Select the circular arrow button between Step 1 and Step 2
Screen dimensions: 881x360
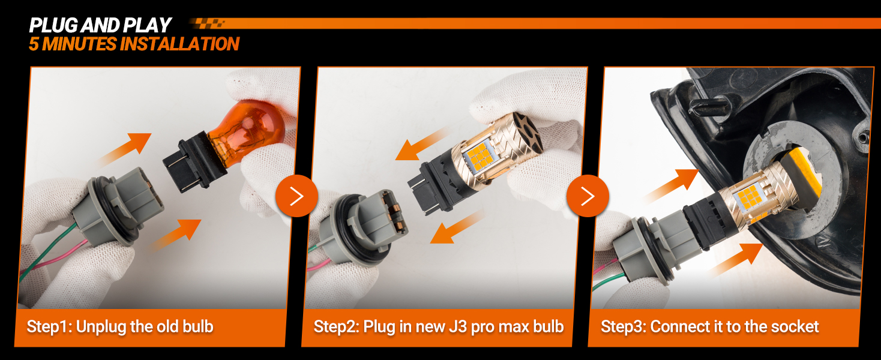point(296,196)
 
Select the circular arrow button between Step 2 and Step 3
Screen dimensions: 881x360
point(588,196)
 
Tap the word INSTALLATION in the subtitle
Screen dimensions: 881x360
point(179,44)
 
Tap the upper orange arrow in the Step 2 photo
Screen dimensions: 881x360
point(421,144)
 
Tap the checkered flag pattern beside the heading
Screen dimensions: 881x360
point(207,23)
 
